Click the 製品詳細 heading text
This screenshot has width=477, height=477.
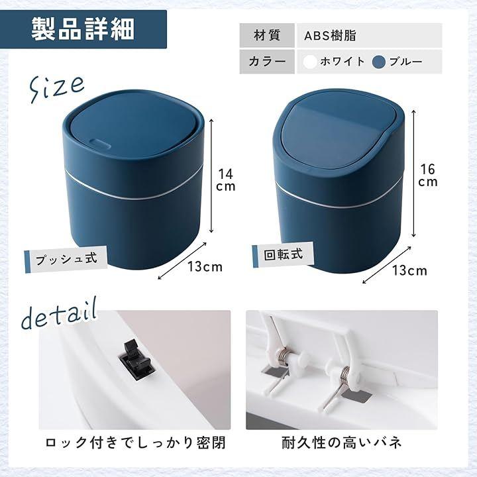pyautogui.click(x=83, y=29)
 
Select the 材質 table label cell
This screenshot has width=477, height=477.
pyautogui.click(x=267, y=35)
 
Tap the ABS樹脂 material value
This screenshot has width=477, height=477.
pyautogui.click(x=330, y=36)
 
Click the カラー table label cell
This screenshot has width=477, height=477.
pyautogui.click(x=267, y=62)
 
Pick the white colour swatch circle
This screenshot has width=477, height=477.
pyautogui.click(x=309, y=62)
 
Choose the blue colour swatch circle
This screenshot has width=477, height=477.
pyautogui.click(x=379, y=62)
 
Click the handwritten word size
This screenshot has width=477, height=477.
pyautogui.click(x=56, y=87)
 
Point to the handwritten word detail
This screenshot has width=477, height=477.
pyautogui.click(x=60, y=315)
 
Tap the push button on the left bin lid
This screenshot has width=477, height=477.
pyautogui.click(x=100, y=143)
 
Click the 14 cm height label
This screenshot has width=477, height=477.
pyautogui.click(x=225, y=180)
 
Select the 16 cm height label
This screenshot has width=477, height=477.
pyautogui.click(x=428, y=176)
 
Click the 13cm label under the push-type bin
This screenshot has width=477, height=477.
pyautogui.click(x=205, y=267)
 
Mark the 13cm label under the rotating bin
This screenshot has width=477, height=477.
pyautogui.click(x=409, y=270)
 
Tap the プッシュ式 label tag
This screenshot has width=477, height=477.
pyautogui.click(x=66, y=260)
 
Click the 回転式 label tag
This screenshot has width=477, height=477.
pyautogui.click(x=284, y=254)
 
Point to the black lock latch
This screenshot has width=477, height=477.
pyautogui.click(x=136, y=360)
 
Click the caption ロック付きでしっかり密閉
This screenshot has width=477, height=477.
pyautogui.click(x=135, y=443)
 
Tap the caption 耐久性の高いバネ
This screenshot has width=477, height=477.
pyautogui.click(x=341, y=443)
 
